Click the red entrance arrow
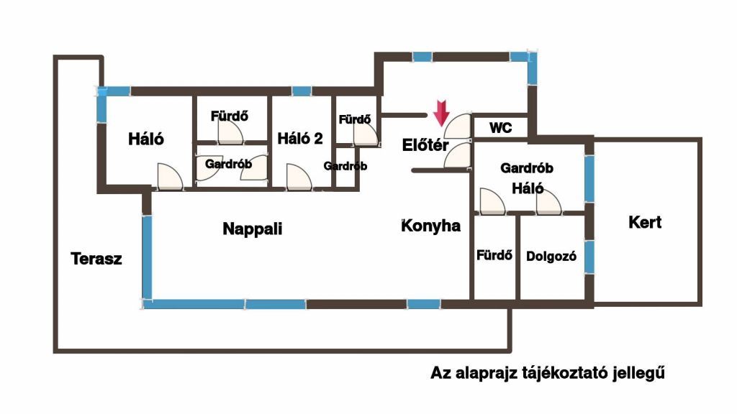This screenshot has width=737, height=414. pyautogui.click(x=441, y=113)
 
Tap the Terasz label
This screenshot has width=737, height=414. pyautogui.click(x=96, y=259)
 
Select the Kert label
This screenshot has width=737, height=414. pyautogui.click(x=645, y=222)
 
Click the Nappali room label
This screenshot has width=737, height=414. pyautogui.click(x=252, y=229)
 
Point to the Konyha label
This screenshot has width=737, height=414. pyautogui.click(x=430, y=226)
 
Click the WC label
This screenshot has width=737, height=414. pyautogui.click(x=501, y=128)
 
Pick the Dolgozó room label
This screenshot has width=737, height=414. pyautogui.click(x=551, y=256)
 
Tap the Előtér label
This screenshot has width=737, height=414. pyautogui.click(x=425, y=144)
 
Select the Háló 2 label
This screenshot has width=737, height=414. pyautogui.click(x=300, y=139)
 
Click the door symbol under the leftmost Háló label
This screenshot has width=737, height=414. pyautogui.click(x=169, y=178)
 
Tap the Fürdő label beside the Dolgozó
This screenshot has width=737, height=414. pyautogui.click(x=494, y=254)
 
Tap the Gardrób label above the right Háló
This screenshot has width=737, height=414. pyautogui.click(x=526, y=169)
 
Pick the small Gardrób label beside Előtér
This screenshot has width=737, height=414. pyautogui.click(x=345, y=166)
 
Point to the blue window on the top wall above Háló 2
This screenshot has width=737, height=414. pyautogui.click(x=302, y=91)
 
